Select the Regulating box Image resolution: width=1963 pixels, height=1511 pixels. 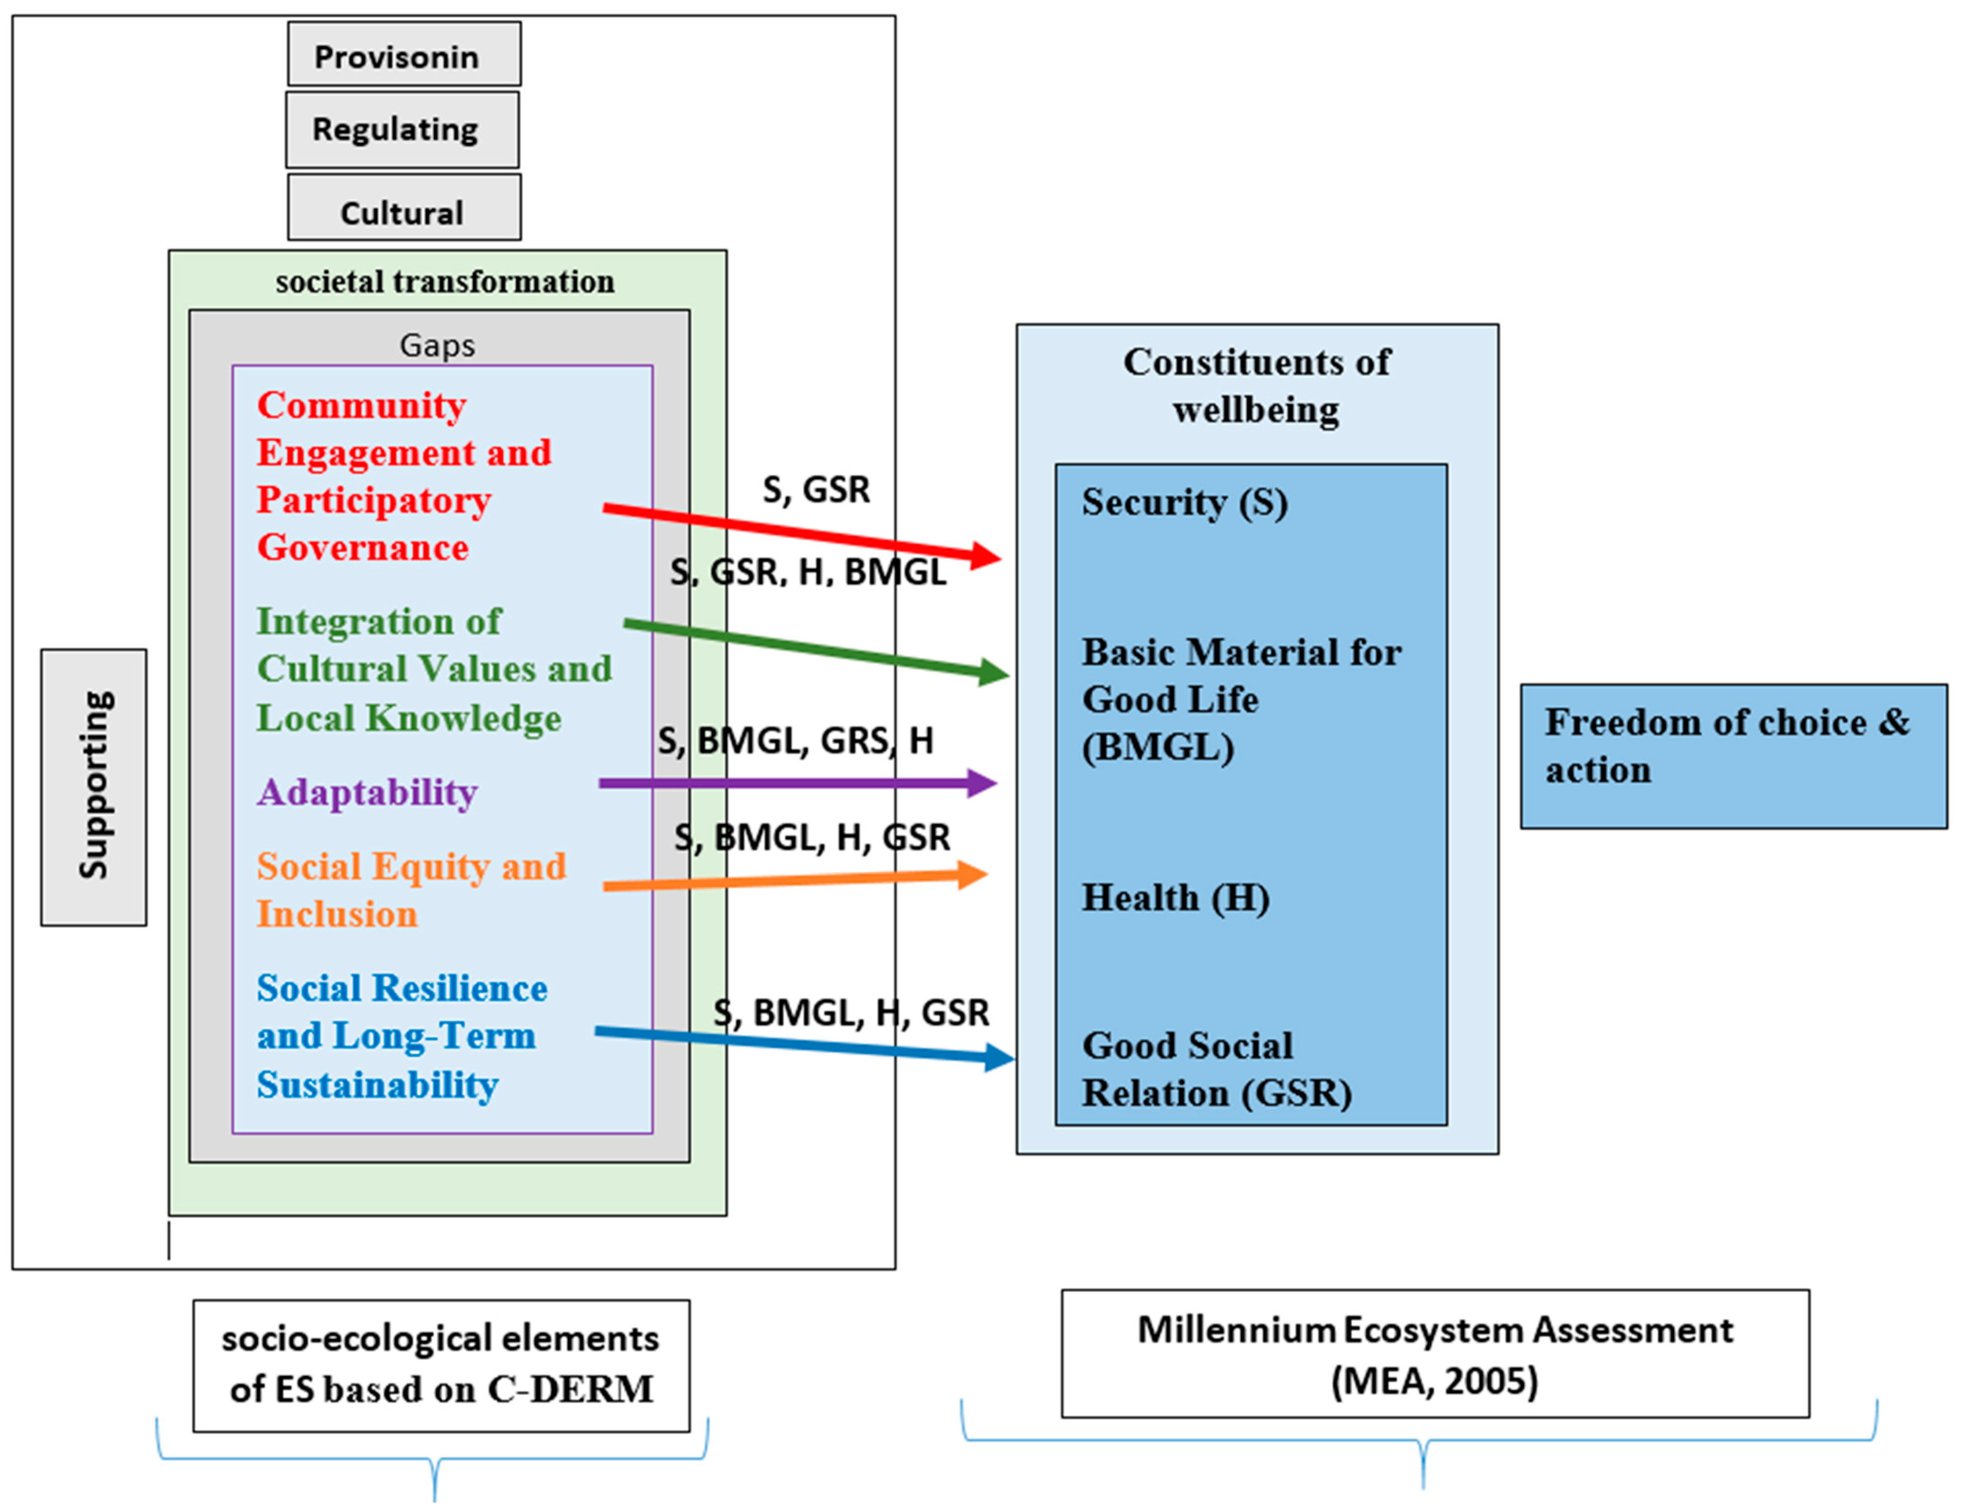[402, 129]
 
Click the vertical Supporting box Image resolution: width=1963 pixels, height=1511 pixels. [94, 787]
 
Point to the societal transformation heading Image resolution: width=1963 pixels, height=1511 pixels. [445, 281]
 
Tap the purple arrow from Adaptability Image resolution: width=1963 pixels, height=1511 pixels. [791, 783]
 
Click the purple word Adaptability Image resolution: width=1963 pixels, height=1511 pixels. [367, 792]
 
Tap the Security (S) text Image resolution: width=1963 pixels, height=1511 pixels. [1184, 501]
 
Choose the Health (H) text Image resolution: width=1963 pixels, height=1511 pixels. [1175, 897]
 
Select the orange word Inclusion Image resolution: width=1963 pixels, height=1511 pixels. [337, 913]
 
